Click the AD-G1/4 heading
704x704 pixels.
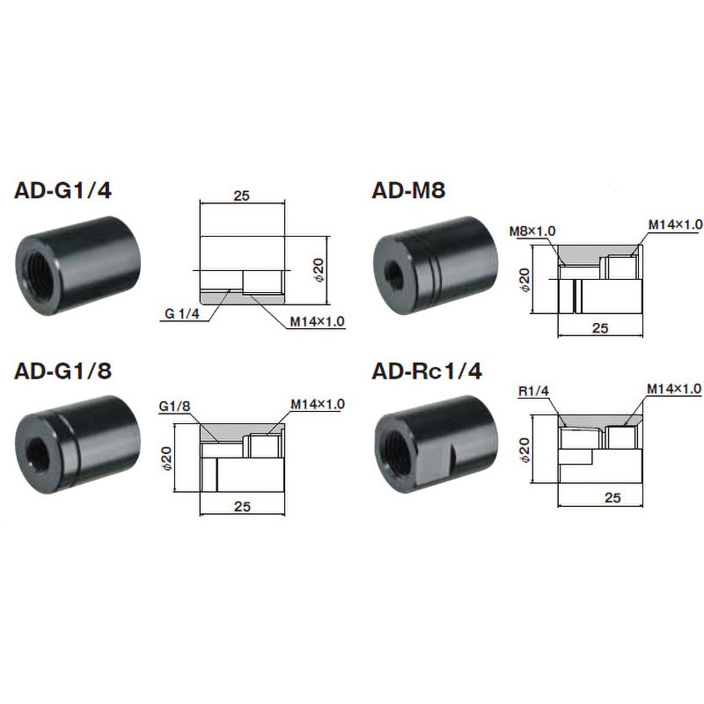click(x=62, y=190)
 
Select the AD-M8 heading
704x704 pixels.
click(x=408, y=190)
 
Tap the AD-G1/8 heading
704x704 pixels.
click(x=62, y=370)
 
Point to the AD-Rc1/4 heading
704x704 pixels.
click(x=427, y=370)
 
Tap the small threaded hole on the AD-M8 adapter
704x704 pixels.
click(x=394, y=272)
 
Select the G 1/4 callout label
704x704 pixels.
click(x=182, y=313)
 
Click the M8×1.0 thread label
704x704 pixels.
click(x=532, y=231)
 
